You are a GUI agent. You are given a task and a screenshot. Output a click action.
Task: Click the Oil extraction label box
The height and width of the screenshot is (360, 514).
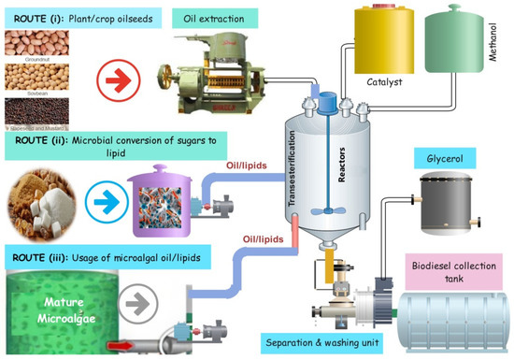click(x=217, y=19)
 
